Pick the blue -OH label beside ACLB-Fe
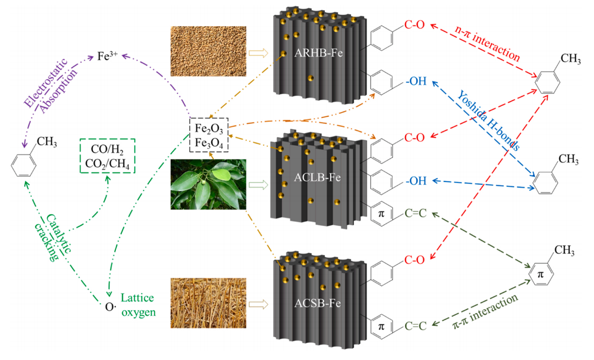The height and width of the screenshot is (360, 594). tap(415, 181)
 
